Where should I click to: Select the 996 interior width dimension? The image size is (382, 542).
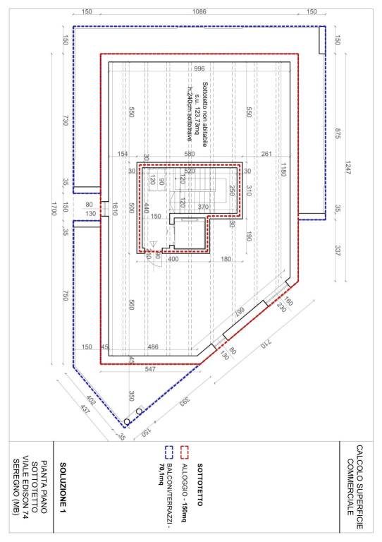199,69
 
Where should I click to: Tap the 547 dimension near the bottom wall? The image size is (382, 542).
149,369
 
